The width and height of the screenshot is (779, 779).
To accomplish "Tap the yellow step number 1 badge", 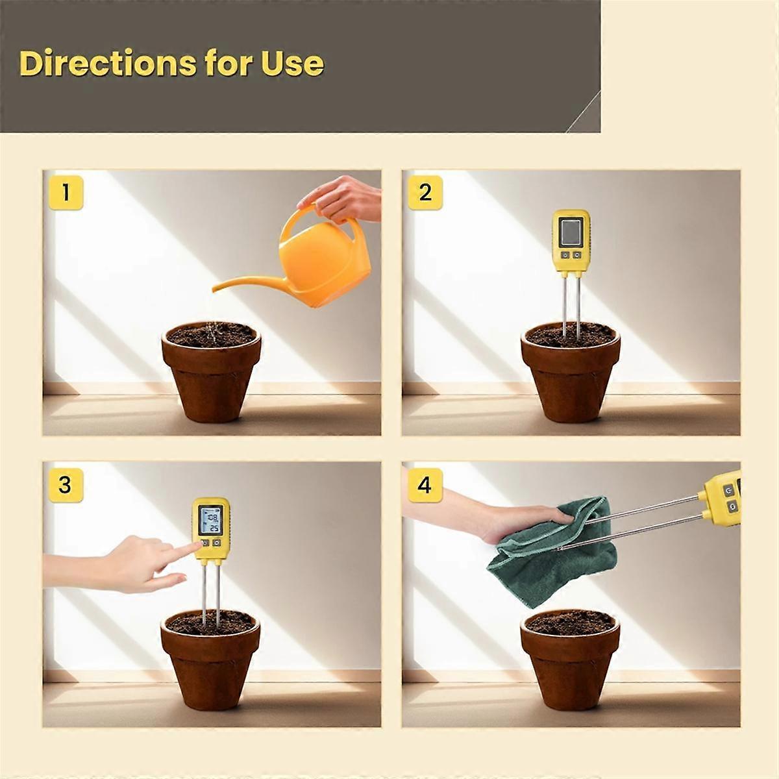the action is [66, 193].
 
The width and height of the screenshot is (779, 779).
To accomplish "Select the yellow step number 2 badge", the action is [425, 193].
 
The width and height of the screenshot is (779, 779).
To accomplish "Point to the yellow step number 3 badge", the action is [66, 486].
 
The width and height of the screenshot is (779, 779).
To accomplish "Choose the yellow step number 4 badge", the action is [425, 486].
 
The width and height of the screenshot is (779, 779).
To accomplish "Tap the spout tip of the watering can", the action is [215, 289].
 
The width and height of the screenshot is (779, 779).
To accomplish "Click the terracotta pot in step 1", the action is [211, 371].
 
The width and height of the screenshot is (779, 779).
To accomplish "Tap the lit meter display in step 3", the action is [210, 521].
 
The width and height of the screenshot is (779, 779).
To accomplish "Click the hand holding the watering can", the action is [341, 199].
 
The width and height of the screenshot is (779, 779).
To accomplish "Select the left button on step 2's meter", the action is [565, 255].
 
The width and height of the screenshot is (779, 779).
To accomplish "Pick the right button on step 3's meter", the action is [217, 543].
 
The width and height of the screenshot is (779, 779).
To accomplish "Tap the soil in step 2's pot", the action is [571, 336].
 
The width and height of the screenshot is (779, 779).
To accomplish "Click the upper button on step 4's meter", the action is [729, 491].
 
